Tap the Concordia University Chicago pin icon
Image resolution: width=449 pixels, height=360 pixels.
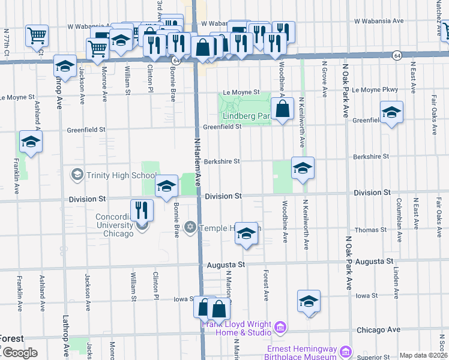tap(142, 226)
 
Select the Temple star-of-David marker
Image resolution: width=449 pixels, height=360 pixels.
tap(190, 227)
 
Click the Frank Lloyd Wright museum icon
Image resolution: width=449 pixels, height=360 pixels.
tap(280, 327)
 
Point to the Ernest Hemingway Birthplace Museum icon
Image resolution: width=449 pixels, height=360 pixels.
tap(345, 351)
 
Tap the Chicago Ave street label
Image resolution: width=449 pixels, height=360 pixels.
tap(378, 329)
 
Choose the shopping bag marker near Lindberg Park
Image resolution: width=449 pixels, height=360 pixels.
tap(282, 110)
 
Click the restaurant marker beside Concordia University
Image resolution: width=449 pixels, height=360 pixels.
tap(142, 209)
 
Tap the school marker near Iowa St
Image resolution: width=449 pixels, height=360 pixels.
tap(309, 301)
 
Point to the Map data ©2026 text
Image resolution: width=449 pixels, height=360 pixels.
tap(423, 355)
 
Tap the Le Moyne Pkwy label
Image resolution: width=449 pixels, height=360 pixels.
tap(375, 90)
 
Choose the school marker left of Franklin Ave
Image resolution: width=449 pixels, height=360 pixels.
tap(30, 142)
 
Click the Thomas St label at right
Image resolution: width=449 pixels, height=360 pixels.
tap(370, 230)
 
